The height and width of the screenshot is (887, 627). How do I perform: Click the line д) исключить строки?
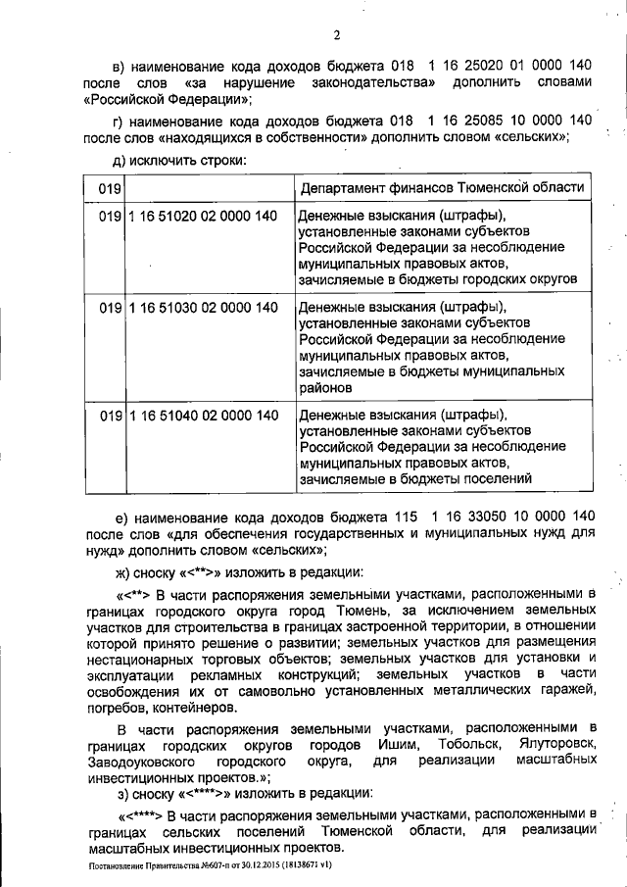[177, 159]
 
